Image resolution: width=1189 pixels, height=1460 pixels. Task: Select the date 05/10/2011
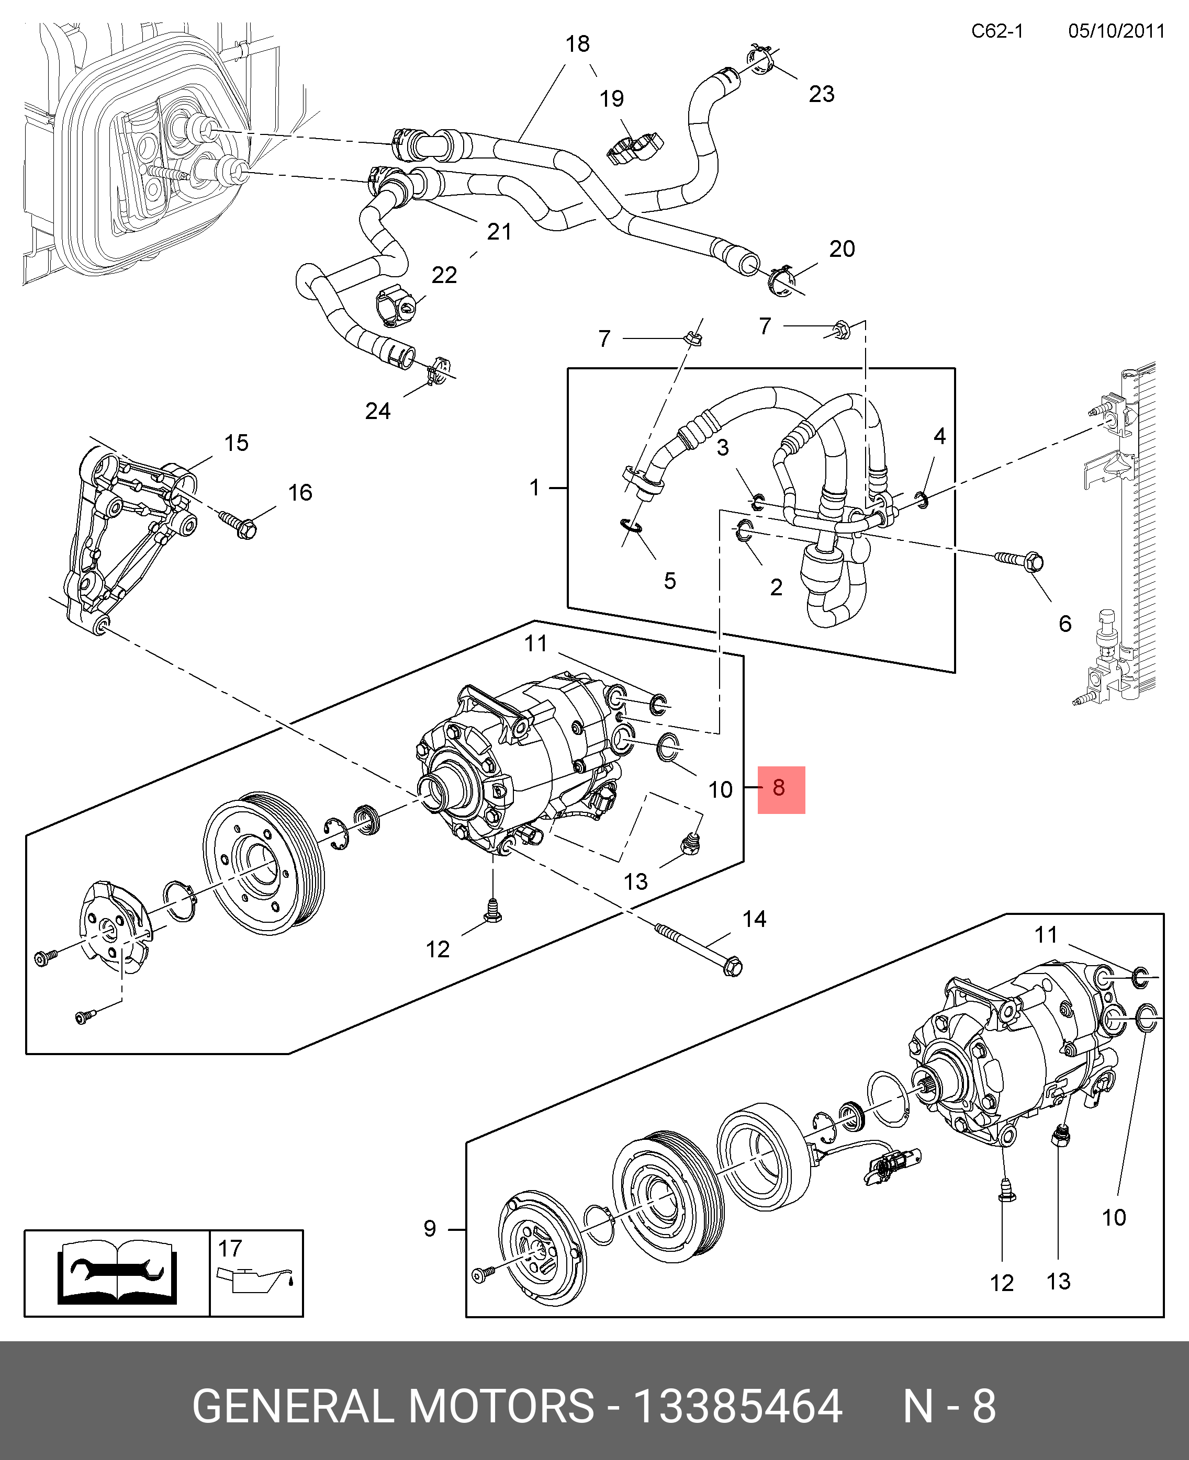(x=1116, y=31)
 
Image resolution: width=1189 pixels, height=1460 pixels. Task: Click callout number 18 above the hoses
(x=577, y=44)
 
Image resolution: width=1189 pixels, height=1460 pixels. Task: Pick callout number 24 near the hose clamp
(x=377, y=411)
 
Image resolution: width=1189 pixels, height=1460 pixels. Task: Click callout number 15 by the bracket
(x=237, y=444)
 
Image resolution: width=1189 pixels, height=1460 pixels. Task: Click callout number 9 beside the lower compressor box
(x=430, y=1229)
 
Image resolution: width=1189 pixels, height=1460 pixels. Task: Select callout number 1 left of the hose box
(x=535, y=488)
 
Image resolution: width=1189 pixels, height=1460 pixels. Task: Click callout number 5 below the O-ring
(x=670, y=581)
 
